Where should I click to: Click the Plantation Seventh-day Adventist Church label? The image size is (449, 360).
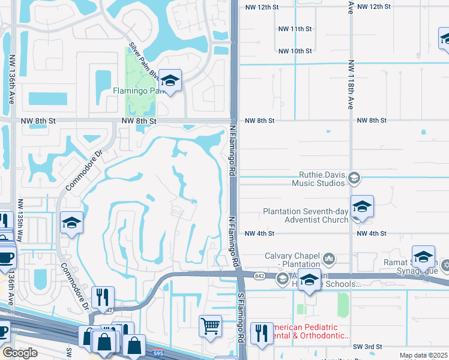[306, 215]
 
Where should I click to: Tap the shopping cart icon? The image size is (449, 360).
[211, 326]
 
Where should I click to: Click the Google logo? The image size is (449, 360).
[19, 353]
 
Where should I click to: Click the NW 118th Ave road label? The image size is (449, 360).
[351, 84]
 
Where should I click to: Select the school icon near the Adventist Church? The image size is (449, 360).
[362, 207]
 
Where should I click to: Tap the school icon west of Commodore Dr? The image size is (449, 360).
[71, 223]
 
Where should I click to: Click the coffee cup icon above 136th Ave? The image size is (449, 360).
[6, 258]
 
